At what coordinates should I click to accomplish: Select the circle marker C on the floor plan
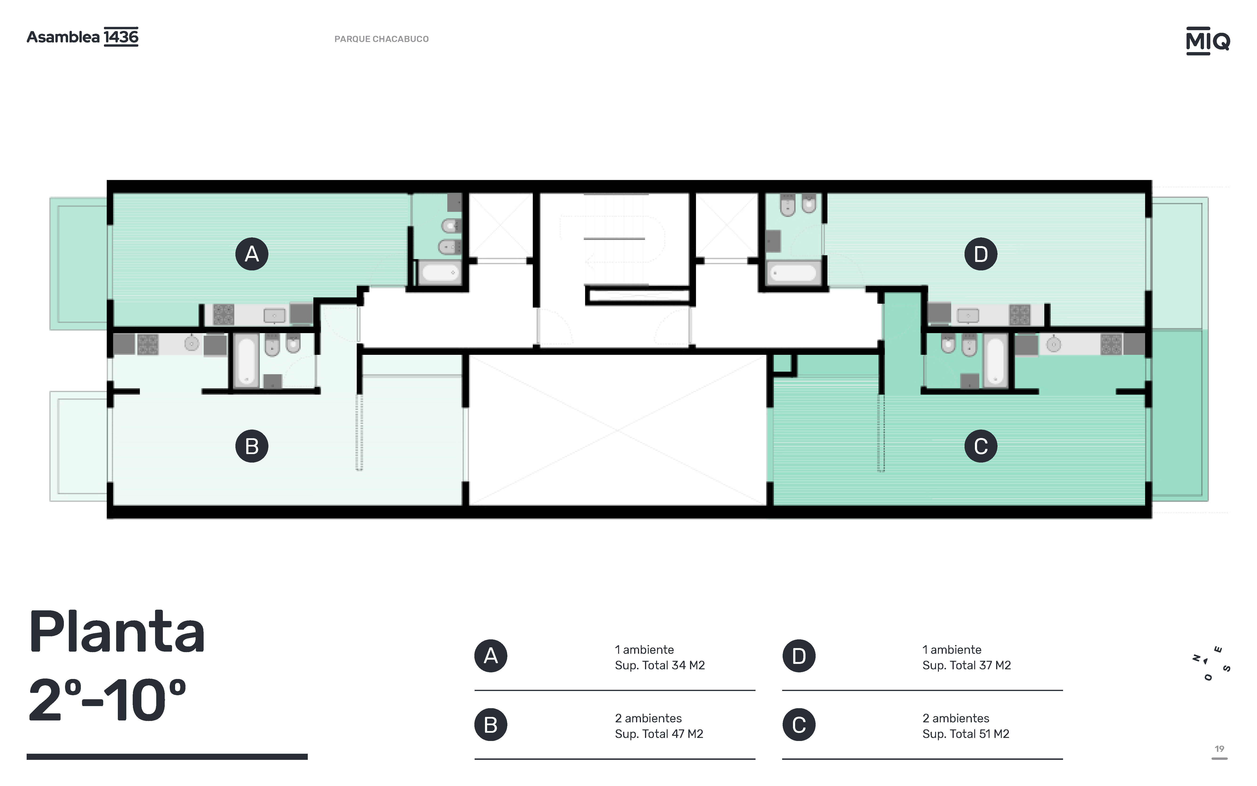[981, 446]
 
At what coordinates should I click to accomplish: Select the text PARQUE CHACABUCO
[382, 39]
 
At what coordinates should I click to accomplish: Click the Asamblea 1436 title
[83, 37]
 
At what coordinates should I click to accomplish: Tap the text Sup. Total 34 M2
[660, 665]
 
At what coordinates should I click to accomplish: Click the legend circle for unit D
[799, 656]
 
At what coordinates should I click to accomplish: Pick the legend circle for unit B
[491, 725]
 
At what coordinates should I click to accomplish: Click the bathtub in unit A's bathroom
[439, 272]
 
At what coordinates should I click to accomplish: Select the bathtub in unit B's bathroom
[246, 360]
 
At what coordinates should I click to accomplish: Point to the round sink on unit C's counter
[1053, 345]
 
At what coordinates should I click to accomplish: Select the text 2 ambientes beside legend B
[649, 718]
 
